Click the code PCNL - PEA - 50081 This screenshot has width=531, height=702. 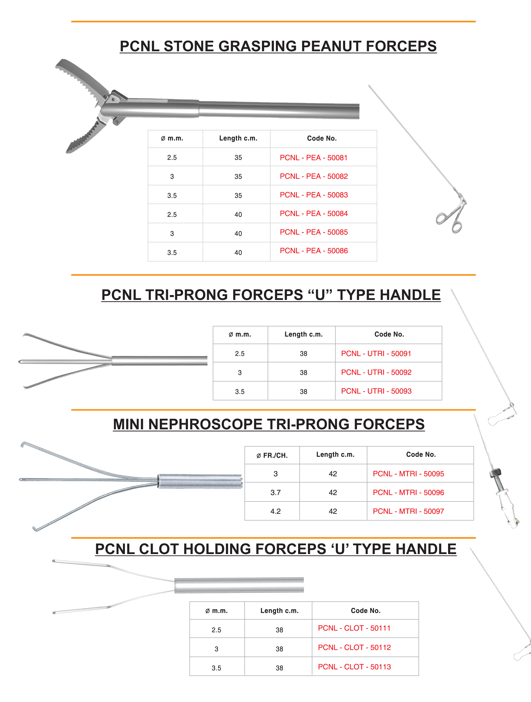click(x=313, y=158)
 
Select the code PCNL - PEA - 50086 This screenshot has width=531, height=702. click(x=314, y=251)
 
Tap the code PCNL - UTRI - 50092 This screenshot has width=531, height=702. click(x=376, y=372)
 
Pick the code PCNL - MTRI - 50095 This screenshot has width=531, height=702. click(x=408, y=474)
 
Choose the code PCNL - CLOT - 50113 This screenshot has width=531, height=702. click(x=354, y=667)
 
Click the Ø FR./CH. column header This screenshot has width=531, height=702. click(x=272, y=455)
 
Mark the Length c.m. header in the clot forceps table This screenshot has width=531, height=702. click(x=279, y=611)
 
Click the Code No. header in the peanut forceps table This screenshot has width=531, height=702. click(x=322, y=138)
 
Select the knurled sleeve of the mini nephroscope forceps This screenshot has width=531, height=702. click(x=200, y=481)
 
